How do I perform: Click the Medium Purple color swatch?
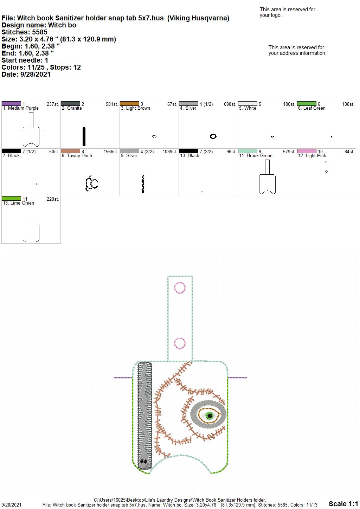point(11,104)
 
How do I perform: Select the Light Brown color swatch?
point(129,104)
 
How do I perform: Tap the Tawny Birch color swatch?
point(70,151)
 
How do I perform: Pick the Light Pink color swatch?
point(307,151)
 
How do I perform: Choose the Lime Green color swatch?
point(11,199)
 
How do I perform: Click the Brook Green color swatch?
point(247,151)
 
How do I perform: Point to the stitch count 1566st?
point(111,152)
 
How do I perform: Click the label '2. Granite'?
point(72,108)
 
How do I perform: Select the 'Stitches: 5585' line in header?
point(24,32)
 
